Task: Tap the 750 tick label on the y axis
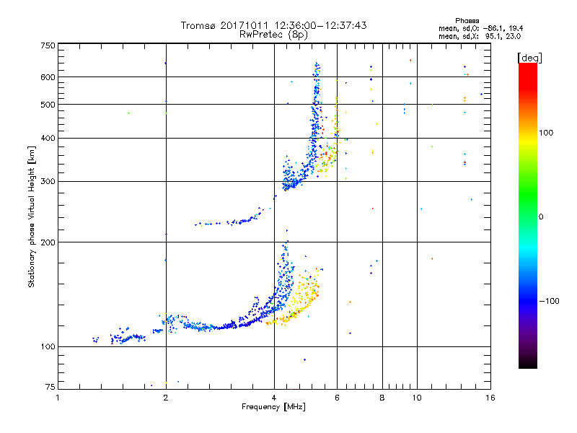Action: tap(48, 45)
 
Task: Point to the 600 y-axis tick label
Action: tap(48, 76)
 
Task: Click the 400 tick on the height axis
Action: tap(48, 138)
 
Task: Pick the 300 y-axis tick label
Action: tap(48, 181)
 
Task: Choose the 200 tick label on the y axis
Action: tap(48, 242)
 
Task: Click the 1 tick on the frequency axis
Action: tap(58, 398)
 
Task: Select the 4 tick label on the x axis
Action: tap(274, 398)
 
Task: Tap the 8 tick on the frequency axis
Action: tap(382, 398)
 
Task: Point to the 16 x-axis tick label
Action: tap(489, 398)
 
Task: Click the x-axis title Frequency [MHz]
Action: tap(274, 408)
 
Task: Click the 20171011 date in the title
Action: tap(247, 25)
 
